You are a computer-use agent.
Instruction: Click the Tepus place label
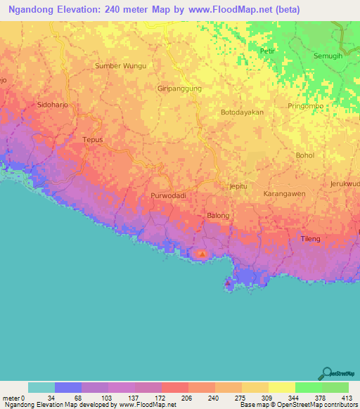click(93, 140)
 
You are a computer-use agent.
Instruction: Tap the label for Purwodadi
click(168, 196)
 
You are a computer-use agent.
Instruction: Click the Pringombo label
click(304, 106)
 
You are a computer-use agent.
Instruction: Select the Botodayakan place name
click(242, 112)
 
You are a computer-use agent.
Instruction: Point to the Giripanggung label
click(179, 89)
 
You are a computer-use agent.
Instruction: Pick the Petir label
click(266, 51)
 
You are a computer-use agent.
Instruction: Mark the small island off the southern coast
click(229, 284)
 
